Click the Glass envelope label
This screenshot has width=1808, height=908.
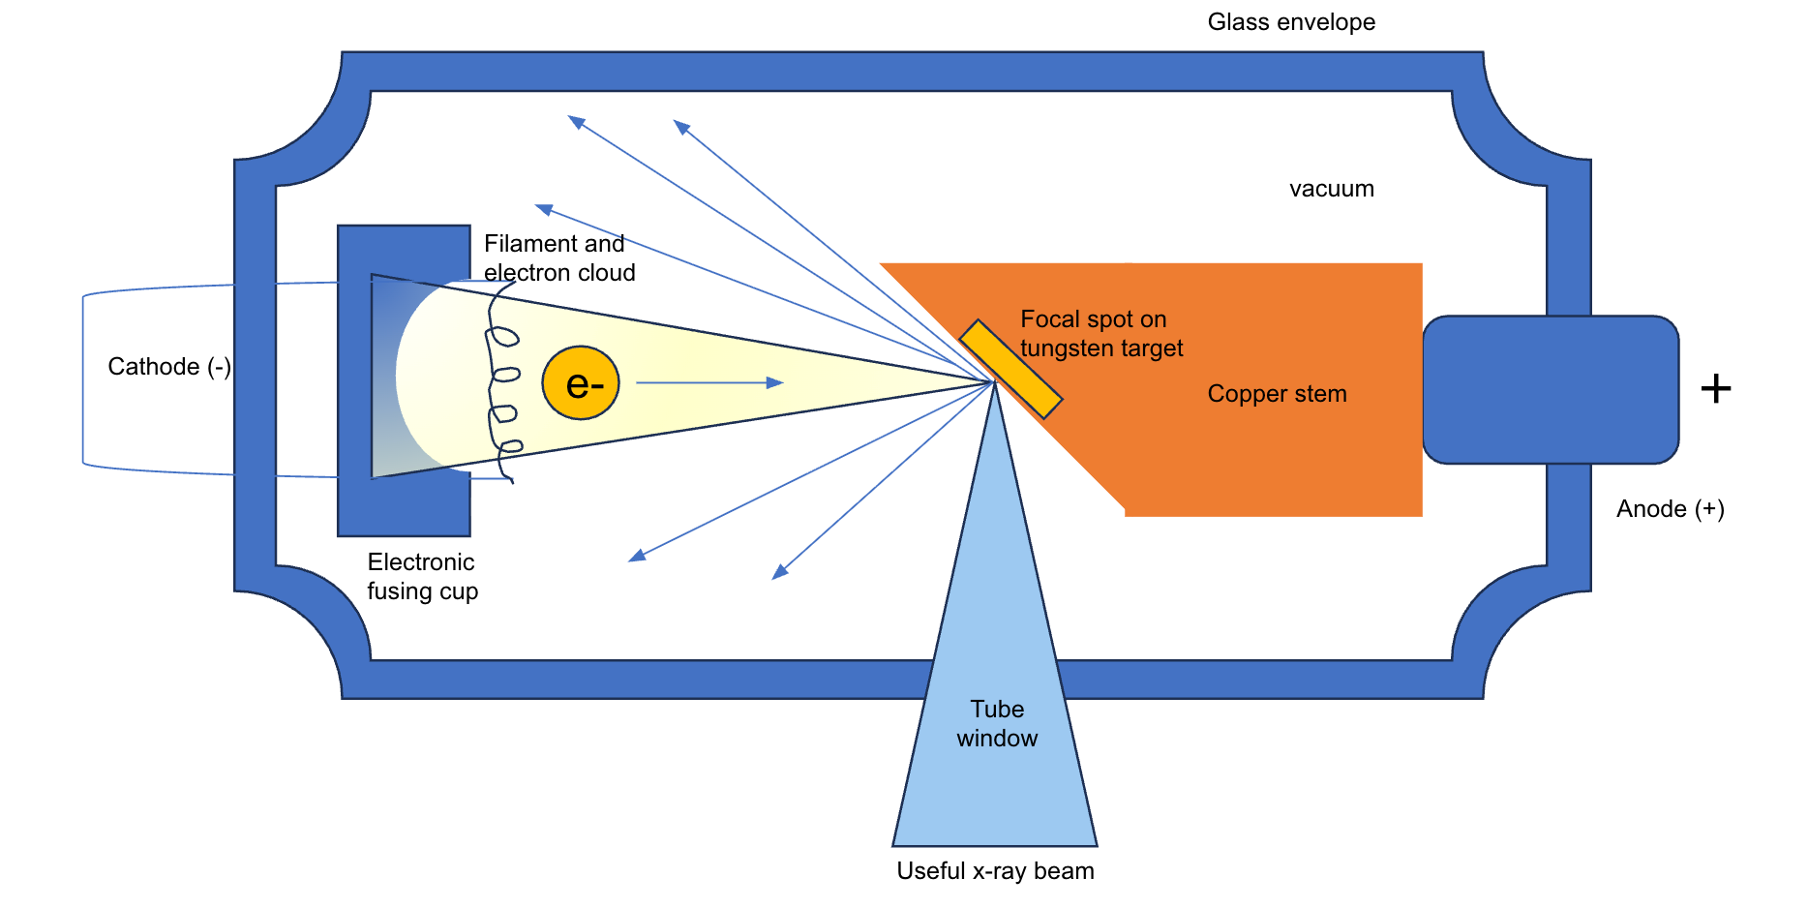coord(1290,22)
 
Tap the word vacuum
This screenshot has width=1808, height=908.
coord(1331,189)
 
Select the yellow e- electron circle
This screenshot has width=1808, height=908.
coord(580,383)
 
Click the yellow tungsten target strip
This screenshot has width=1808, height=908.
coord(1010,369)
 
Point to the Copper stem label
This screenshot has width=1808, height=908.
coord(1277,394)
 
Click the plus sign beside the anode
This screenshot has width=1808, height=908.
coord(1715,389)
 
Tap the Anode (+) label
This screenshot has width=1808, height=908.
coord(1670,509)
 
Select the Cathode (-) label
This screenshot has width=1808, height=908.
coord(169,367)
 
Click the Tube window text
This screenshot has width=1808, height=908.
coord(997,723)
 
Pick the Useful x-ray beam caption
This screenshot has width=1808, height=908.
coord(995,871)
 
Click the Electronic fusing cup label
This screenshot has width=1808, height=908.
coord(422,576)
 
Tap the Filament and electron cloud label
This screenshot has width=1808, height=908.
coord(558,257)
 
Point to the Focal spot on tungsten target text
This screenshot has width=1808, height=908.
coord(1100,333)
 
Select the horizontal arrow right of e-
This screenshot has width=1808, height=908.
coord(708,383)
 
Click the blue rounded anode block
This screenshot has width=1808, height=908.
coord(1550,389)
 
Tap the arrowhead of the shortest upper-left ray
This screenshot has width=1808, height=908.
coord(543,208)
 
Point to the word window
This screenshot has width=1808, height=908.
coord(997,739)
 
